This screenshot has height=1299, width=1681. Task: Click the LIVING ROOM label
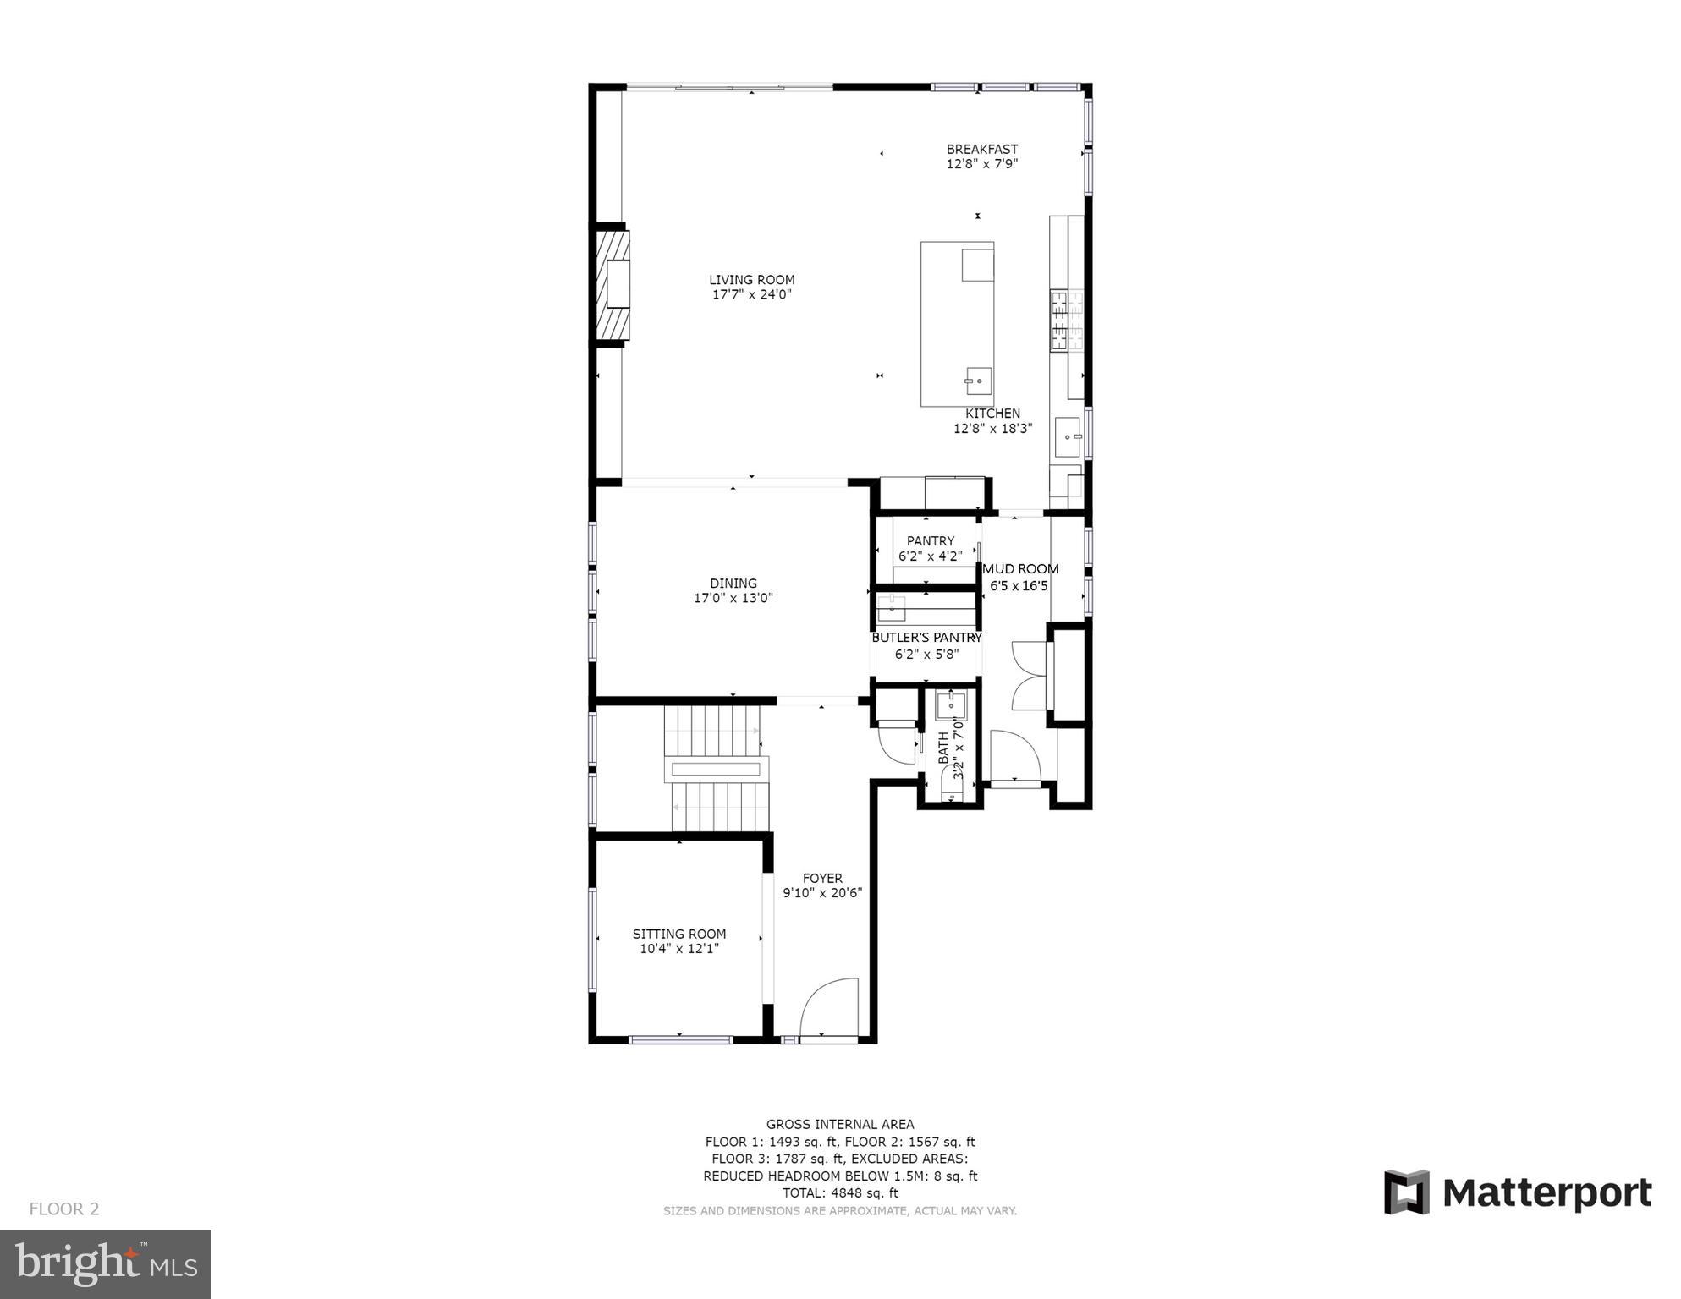pyautogui.click(x=751, y=280)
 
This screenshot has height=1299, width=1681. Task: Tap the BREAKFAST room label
pyautogui.click(x=981, y=150)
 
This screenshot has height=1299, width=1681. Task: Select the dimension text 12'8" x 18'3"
pyautogui.click(x=992, y=429)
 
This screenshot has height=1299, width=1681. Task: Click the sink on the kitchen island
pyautogui.click(x=979, y=381)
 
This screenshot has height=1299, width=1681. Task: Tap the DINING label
pyautogui.click(x=733, y=584)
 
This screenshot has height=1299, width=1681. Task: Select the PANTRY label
pyautogui.click(x=930, y=541)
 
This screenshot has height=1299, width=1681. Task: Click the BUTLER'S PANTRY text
pyautogui.click(x=926, y=638)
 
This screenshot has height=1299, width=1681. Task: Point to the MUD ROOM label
pyautogui.click(x=1020, y=569)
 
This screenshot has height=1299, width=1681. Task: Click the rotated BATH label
pyautogui.click(x=943, y=748)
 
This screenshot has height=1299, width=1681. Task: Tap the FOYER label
pyautogui.click(x=821, y=879)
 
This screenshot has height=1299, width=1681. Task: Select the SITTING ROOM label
pyautogui.click(x=678, y=934)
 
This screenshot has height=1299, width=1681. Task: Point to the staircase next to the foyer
pyautogui.click(x=717, y=769)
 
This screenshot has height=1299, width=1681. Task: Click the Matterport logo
pyautogui.click(x=1518, y=1192)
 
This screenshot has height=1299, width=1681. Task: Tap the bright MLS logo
pyautogui.click(x=106, y=1264)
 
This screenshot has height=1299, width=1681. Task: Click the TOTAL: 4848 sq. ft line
pyautogui.click(x=839, y=1193)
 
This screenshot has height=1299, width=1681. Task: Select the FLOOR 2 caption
pyautogui.click(x=64, y=1209)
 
